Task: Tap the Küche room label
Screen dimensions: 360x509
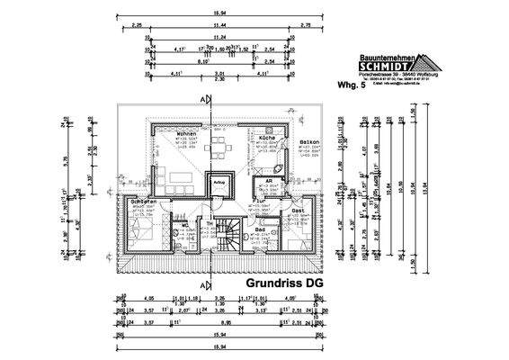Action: coord(266,137)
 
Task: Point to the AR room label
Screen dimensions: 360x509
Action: coord(268,180)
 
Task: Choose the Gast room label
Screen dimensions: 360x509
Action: coord(298,210)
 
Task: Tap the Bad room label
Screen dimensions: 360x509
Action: coord(260,230)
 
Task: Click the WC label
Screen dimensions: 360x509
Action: coord(184,226)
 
